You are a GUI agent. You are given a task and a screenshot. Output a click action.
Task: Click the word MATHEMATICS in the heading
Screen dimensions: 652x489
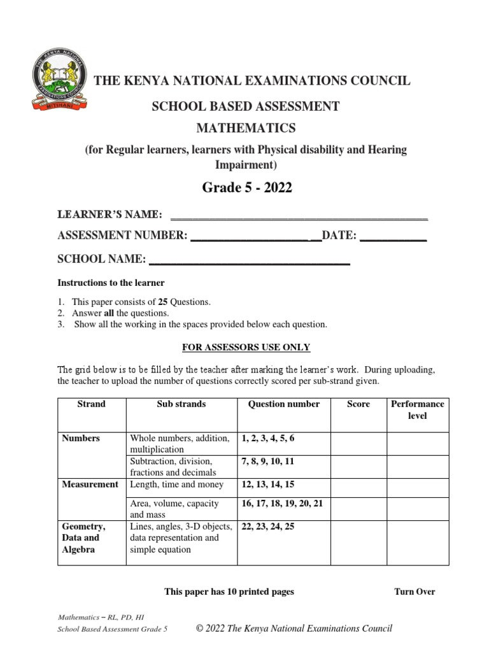pyautogui.click(x=245, y=128)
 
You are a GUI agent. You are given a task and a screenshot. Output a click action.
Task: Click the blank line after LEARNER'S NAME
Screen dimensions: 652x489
pyautogui.click(x=299, y=217)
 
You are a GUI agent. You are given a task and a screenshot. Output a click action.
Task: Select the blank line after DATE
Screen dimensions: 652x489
pyautogui.click(x=393, y=239)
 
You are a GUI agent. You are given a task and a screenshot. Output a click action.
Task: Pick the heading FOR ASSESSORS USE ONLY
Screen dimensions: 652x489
pyautogui.click(x=246, y=347)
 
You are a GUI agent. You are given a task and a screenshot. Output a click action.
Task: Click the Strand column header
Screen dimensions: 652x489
pyautogui.click(x=92, y=404)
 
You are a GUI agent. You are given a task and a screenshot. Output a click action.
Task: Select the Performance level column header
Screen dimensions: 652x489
pyautogui.click(x=417, y=410)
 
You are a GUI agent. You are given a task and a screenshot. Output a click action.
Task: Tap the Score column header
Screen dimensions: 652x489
pyautogui.click(x=358, y=404)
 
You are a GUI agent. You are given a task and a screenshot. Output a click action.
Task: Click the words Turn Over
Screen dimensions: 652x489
pyautogui.click(x=415, y=592)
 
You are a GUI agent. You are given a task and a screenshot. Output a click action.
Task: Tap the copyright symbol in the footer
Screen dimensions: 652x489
pyautogui.click(x=200, y=629)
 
